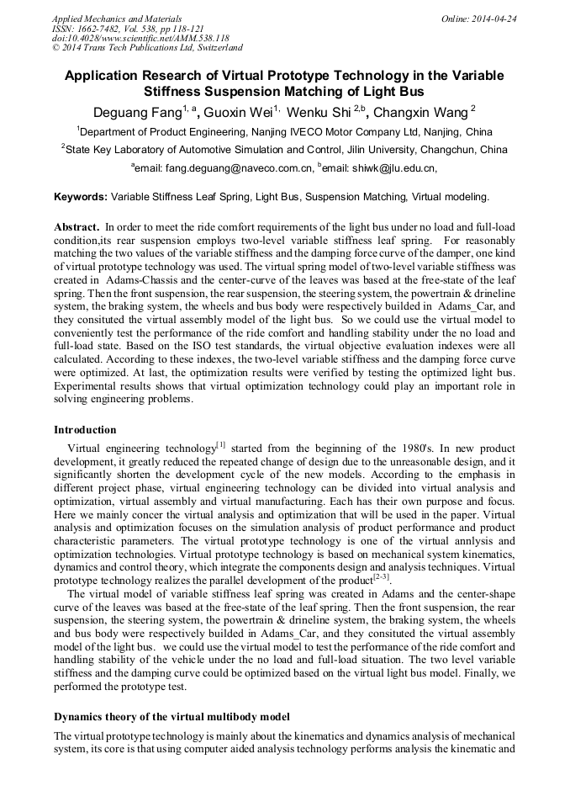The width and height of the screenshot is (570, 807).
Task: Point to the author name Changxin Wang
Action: point(420,112)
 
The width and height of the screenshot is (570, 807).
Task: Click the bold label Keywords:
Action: point(81,197)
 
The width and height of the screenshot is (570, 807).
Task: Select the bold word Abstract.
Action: point(77,228)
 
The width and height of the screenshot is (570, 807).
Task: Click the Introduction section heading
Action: point(85,430)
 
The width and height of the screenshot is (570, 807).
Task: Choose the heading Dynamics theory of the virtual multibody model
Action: point(172,717)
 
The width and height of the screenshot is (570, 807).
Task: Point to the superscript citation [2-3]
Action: point(381,577)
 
